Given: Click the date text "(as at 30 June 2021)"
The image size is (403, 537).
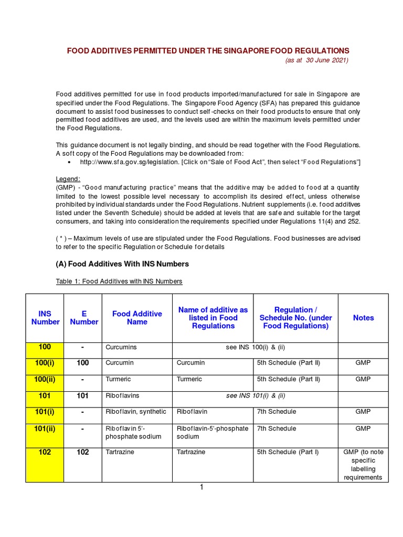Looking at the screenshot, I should pos(316,60).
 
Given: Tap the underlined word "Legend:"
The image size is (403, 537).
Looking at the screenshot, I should pos(68,179).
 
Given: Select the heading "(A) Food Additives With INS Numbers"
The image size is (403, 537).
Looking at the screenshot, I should pos(122,264).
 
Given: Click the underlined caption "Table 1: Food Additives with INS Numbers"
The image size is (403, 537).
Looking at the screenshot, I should pos(119,282).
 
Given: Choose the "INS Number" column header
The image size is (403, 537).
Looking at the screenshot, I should pos(45,318).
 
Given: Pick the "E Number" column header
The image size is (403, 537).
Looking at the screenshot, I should pos(84,318).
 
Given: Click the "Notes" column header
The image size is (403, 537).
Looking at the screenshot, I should pos(363,318).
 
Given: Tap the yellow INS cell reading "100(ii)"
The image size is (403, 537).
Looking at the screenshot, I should pos(45,379).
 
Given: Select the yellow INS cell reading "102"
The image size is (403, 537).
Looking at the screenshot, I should pos(45,452).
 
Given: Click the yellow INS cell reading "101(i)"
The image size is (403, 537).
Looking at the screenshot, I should pos(45,412).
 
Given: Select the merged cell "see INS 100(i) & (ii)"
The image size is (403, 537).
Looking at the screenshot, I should pos(255,347).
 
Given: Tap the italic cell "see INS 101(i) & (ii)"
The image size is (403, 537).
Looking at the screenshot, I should pos(256,395).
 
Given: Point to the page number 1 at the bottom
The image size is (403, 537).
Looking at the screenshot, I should pos(201,487).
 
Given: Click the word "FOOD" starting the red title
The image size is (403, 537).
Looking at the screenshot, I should pos(77,50).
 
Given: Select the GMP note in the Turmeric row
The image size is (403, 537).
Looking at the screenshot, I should pos(363,379).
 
